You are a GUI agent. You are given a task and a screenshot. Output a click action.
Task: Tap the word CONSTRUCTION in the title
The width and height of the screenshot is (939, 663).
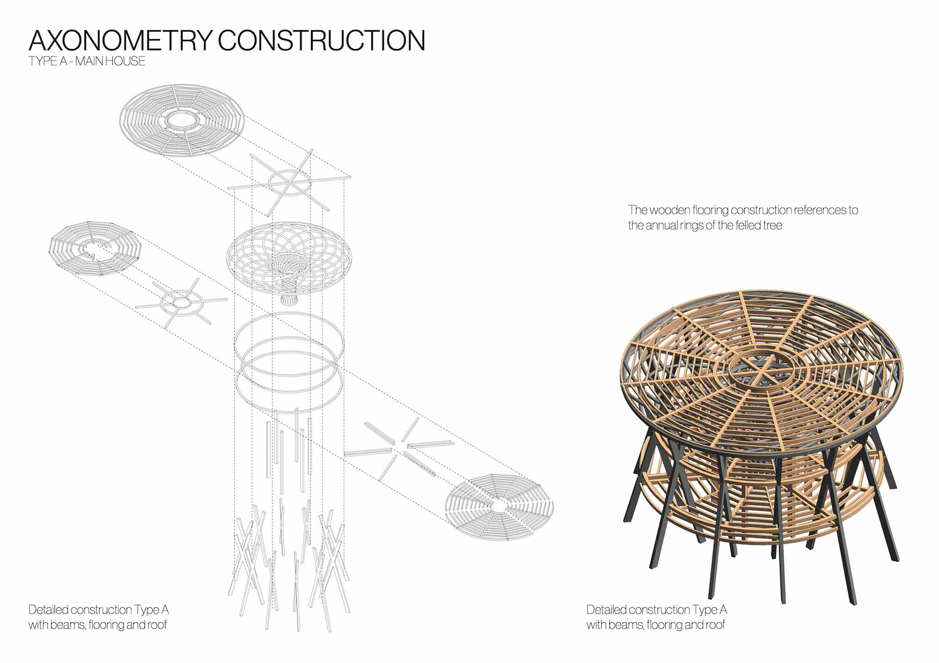[321, 41]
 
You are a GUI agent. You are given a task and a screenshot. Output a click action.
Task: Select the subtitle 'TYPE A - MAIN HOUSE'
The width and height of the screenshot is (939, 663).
[87, 62]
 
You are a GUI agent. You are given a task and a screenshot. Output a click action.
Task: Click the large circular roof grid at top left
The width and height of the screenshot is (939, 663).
[182, 120]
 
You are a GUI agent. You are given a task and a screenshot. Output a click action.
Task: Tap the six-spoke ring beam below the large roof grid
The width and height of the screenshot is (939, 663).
[290, 184]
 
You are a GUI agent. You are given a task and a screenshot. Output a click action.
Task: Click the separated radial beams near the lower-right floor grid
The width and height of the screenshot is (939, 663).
[400, 447]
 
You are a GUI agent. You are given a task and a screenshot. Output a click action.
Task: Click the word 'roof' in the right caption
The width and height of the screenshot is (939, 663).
[715, 625]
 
